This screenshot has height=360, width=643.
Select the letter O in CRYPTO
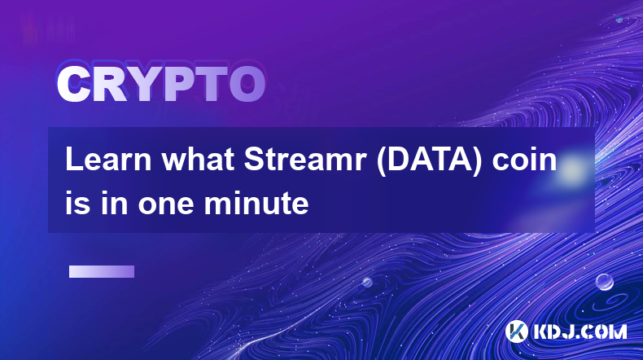[247, 84]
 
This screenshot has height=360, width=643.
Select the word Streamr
[305, 160]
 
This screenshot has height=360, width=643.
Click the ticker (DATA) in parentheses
[429, 160]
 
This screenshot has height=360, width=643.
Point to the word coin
[524, 160]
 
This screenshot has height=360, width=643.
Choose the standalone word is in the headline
[78, 203]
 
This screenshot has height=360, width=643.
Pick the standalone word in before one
[114, 203]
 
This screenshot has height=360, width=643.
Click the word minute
[256, 203]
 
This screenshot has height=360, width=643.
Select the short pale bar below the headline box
[102, 272]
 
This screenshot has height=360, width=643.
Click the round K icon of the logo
[517, 331]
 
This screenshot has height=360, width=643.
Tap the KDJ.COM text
[580, 331]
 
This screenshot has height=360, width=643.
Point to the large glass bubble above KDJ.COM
[605, 282]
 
